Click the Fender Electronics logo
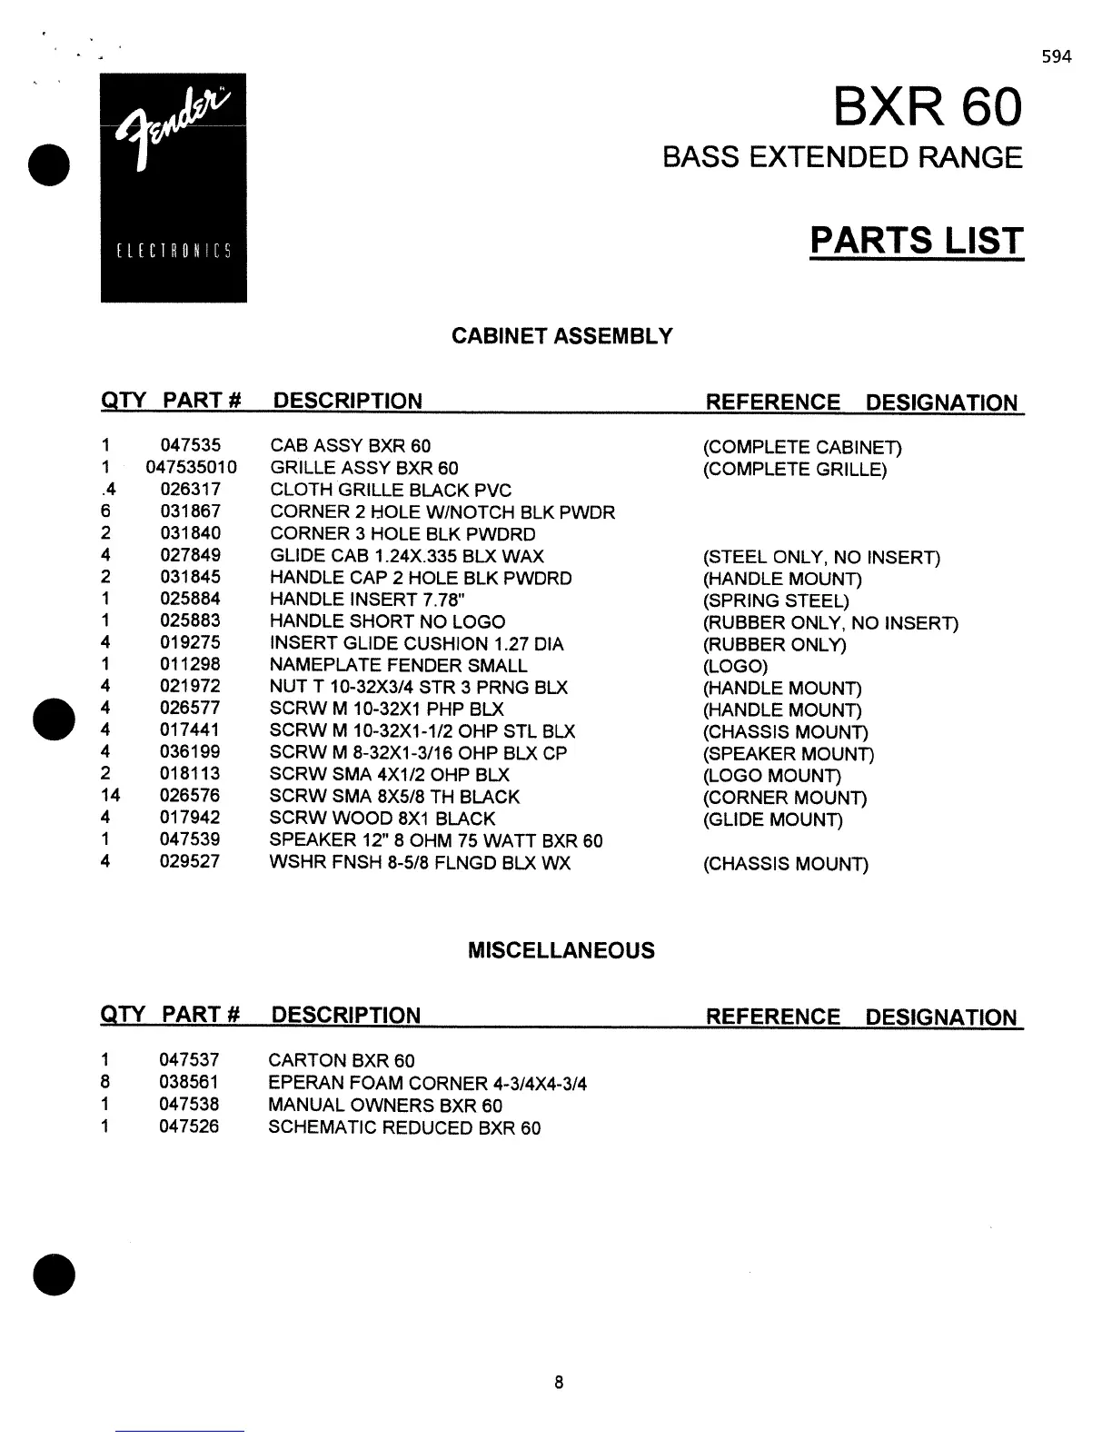click(174, 187)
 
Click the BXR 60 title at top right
click(927, 108)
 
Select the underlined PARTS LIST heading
click(916, 241)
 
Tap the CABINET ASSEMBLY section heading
click(562, 337)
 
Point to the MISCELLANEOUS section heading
click(561, 951)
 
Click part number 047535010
click(191, 468)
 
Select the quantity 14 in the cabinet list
click(110, 796)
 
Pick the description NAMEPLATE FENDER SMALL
click(398, 665)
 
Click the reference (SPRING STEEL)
click(776, 601)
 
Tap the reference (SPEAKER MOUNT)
click(788, 754)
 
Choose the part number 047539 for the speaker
click(190, 839)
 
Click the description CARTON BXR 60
click(342, 1061)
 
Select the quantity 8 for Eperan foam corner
click(105, 1082)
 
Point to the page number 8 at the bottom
click(558, 1383)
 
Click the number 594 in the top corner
click(1057, 57)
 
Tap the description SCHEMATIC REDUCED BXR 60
click(404, 1128)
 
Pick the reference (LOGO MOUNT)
click(771, 776)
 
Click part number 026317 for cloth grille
click(190, 490)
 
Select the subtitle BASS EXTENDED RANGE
click(841, 158)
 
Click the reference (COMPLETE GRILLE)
click(794, 470)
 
